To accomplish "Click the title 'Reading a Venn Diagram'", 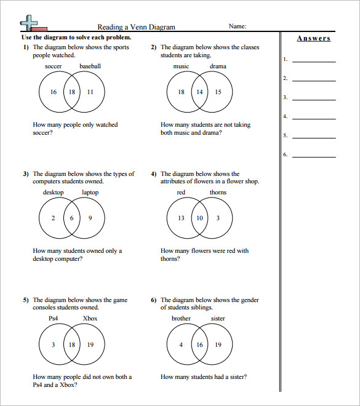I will [137, 27].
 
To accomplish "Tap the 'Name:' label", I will [238, 26].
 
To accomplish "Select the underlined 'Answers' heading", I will [314, 38].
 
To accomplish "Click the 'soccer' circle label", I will [54, 66].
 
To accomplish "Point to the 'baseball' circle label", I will [90, 66].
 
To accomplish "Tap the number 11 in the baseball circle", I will [90, 92].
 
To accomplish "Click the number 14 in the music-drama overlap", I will [199, 92].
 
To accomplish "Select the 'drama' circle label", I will [218, 66].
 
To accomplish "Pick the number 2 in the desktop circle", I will [54, 218].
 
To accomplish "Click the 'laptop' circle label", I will [90, 193].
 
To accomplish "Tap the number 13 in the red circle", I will [181, 218].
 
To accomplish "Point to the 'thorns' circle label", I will [218, 193].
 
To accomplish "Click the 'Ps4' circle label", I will [54, 319].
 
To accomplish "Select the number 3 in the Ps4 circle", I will [54, 344].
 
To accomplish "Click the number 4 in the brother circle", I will [181, 344].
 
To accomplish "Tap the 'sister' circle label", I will [218, 319].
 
